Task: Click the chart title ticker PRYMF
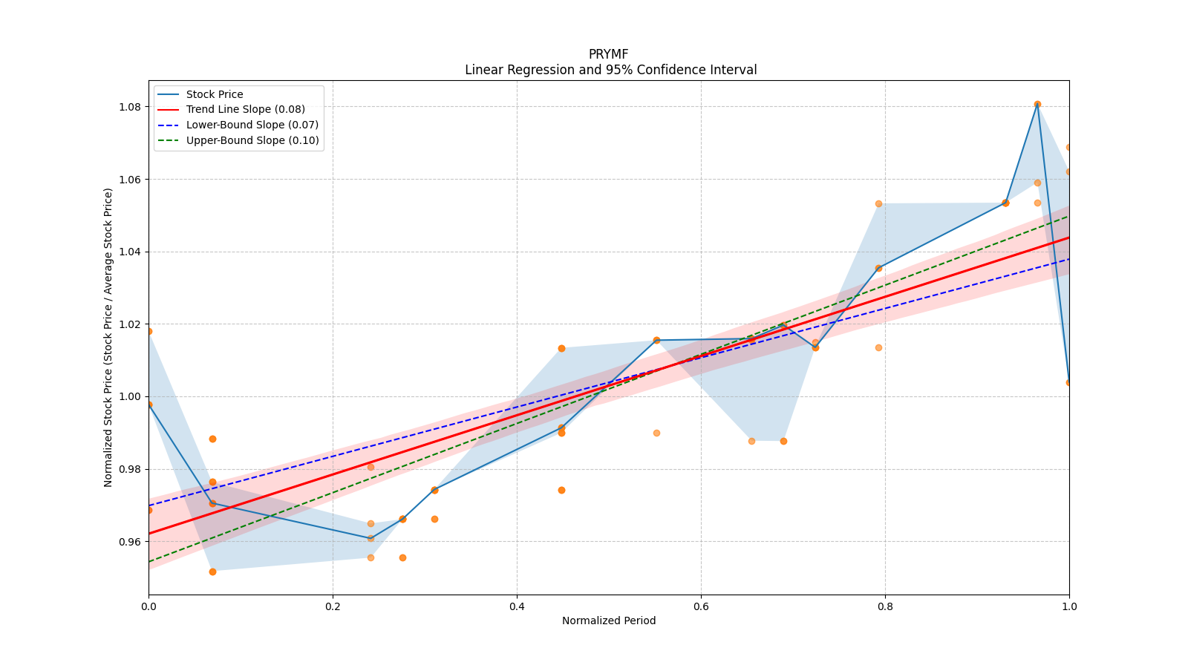[x=608, y=54]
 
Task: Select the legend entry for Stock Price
[x=215, y=94]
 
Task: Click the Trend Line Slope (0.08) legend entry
[x=245, y=110]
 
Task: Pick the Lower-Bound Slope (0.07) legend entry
[x=252, y=125]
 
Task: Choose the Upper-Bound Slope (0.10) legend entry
[x=252, y=140]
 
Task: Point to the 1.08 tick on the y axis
[x=131, y=107]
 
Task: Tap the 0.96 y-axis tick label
[x=131, y=542]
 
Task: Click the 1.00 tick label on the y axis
[x=131, y=397]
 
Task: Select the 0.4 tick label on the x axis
[x=517, y=606]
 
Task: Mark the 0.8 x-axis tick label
[x=885, y=606]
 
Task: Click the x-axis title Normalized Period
[x=609, y=620]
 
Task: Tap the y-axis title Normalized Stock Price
[x=108, y=337]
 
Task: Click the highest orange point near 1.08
[x=1037, y=105]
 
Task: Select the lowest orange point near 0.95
[x=212, y=572]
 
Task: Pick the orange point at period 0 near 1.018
[x=149, y=331]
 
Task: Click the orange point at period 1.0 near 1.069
[x=1068, y=147]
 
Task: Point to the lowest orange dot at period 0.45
[x=561, y=490]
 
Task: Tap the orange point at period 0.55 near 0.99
[x=656, y=433]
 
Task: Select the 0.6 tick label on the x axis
[x=701, y=606]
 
